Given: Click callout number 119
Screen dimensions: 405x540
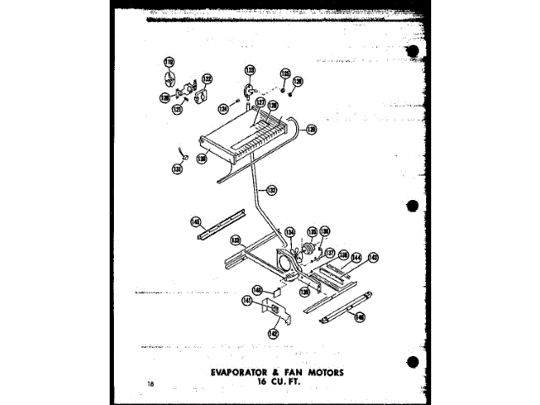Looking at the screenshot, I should point(168,62).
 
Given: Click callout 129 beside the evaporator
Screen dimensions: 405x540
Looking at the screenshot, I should point(310,130).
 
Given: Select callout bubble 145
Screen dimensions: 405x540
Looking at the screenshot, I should point(372,257).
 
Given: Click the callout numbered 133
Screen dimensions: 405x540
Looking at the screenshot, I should point(235,240).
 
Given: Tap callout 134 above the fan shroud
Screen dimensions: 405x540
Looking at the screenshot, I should point(289,231).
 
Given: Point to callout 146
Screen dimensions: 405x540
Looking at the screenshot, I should point(360,316).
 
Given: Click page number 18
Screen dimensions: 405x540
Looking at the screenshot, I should point(149,385).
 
